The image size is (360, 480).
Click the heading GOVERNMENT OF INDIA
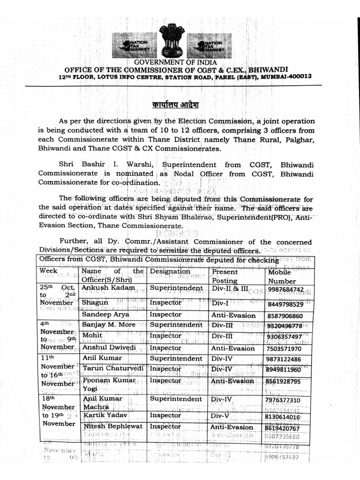(x=175, y=62)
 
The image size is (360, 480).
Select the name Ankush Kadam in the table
(x=108, y=288)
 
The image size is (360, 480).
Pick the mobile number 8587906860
(x=288, y=316)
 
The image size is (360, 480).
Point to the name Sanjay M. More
(x=109, y=325)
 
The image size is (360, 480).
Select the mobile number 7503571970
(x=288, y=348)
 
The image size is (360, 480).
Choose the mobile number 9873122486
(x=288, y=359)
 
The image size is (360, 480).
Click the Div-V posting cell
(x=221, y=416)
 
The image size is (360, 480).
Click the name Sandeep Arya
(x=106, y=315)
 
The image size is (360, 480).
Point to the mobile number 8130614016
(x=288, y=417)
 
